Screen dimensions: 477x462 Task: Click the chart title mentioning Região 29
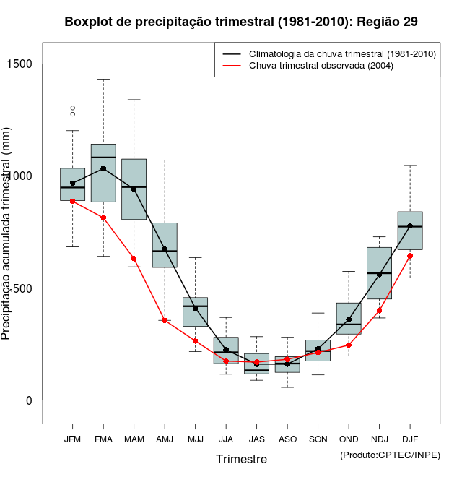(240, 22)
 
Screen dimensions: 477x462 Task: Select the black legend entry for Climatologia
(342, 54)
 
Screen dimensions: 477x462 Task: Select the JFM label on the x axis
(72, 439)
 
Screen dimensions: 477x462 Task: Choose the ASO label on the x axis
(287, 439)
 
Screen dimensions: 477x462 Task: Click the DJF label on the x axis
(410, 439)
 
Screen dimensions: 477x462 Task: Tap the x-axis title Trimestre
(241, 459)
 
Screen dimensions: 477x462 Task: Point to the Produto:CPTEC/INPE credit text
(390, 455)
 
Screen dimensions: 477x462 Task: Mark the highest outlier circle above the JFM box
(72, 108)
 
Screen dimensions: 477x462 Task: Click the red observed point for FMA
(103, 218)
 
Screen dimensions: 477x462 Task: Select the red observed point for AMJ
(165, 320)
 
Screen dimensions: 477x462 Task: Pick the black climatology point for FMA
(103, 168)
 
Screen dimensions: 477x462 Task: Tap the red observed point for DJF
(410, 256)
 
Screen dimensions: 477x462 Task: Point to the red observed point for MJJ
(195, 340)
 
